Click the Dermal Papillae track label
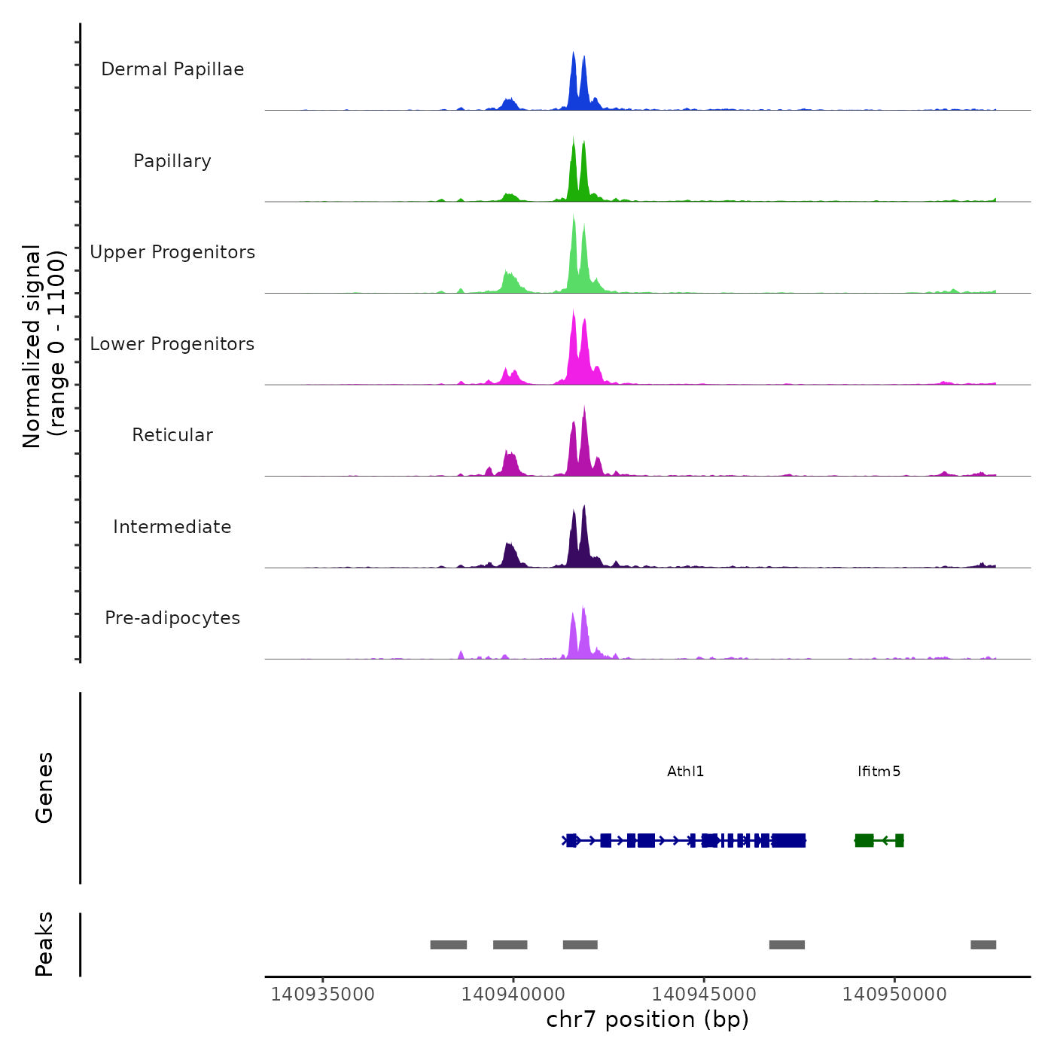[172, 69]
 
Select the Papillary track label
[172, 161]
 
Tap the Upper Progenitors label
[172, 252]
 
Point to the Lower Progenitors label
[172, 344]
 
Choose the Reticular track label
[172, 435]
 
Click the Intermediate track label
[172, 527]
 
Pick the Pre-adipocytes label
[172, 618]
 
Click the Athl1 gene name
[685, 772]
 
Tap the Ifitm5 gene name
[879, 772]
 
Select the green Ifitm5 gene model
[879, 840]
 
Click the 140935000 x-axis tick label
[322, 995]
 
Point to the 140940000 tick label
[513, 995]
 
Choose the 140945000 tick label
[704, 995]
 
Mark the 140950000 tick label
[894, 995]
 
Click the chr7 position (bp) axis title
[647, 1019]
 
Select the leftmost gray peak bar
[448, 945]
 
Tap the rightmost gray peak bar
[983, 945]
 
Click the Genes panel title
[44, 787]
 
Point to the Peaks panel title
[44, 944]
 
